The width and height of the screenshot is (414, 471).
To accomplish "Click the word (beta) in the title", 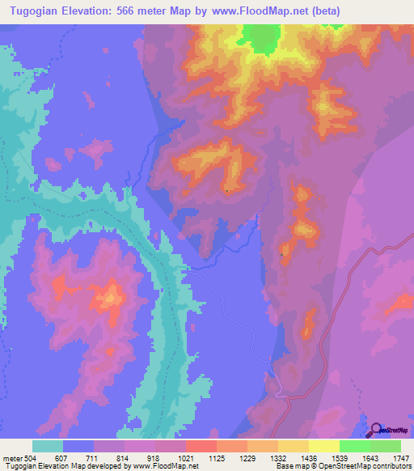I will click(321, 11).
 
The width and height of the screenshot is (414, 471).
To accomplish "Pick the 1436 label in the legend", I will click(323, 457).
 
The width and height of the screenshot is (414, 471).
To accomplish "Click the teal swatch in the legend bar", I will click(48, 446).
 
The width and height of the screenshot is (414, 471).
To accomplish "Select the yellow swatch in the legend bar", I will click(324, 446).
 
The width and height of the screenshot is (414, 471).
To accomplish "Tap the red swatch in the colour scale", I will click(201, 446).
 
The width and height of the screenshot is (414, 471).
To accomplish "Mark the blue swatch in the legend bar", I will click(78, 446).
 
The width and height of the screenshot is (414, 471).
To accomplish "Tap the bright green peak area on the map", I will click(260, 38).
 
